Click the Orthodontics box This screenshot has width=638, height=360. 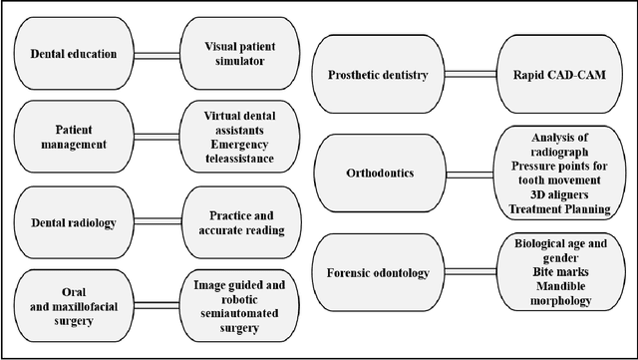(378, 173)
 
